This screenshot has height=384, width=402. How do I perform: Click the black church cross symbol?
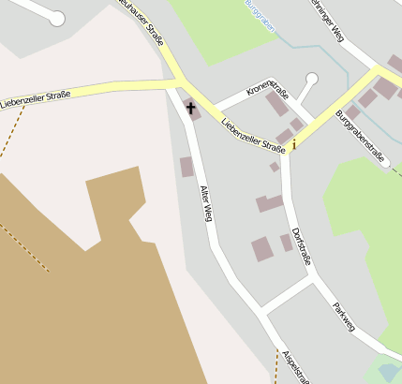pos(192,109)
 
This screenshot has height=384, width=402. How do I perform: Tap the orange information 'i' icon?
pos(294,144)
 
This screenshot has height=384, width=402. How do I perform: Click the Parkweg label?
pos(344,318)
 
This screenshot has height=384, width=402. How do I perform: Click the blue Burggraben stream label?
pos(260,16)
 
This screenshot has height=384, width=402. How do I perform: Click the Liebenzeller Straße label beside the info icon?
pos(253,135)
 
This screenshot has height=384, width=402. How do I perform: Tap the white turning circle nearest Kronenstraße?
pos(312,79)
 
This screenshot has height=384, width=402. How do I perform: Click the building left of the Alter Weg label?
pos(186,168)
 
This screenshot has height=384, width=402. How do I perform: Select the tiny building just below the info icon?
pos(274,167)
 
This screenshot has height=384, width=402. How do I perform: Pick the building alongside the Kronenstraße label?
pos(277,104)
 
